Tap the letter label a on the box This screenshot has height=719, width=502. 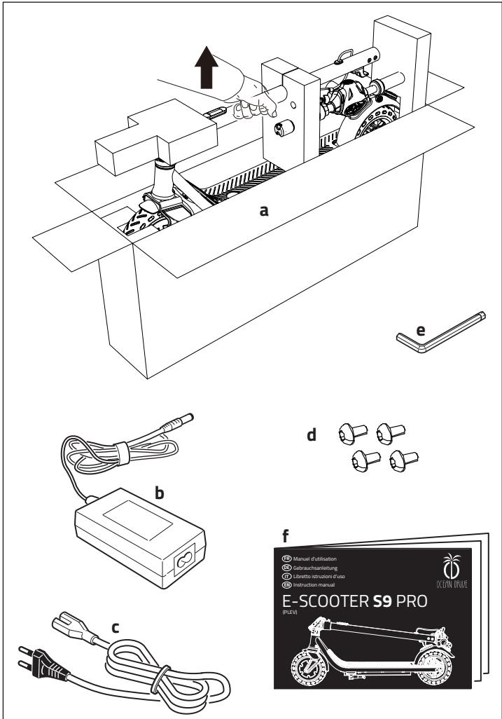pyautogui.click(x=264, y=210)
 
